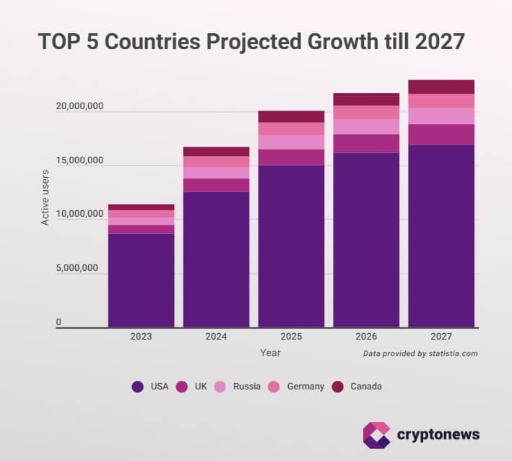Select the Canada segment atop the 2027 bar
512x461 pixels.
click(441, 87)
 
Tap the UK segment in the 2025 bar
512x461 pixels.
click(291, 158)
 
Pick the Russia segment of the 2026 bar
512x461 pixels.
click(366, 126)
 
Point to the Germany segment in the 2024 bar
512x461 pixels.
click(216, 162)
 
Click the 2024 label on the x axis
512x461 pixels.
click(216, 337)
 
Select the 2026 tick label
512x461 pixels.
click(366, 337)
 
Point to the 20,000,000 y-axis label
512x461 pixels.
click(79, 106)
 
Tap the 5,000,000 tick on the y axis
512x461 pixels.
click(79, 269)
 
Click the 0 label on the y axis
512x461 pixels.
click(59, 322)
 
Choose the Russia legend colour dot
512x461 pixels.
click(220, 387)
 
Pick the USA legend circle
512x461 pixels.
click(138, 387)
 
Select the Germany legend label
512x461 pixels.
click(305, 387)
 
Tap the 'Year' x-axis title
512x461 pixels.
click(271, 353)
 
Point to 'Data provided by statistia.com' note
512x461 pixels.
click(420, 354)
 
